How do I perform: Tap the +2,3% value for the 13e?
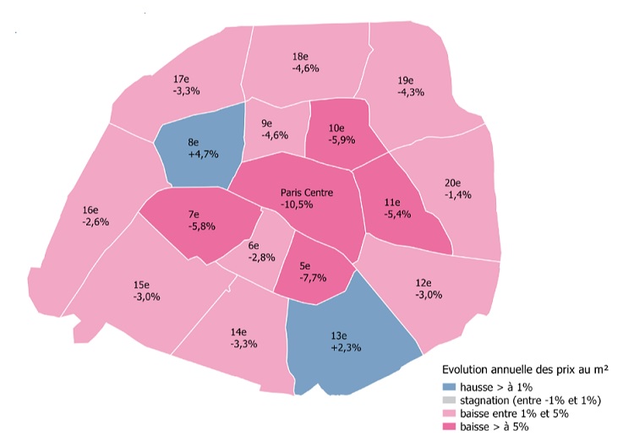click(x=347, y=347)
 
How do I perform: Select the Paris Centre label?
click(x=307, y=193)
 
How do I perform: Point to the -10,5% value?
click(x=308, y=204)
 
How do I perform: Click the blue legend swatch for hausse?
click(x=449, y=386)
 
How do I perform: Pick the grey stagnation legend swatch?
click(x=449, y=400)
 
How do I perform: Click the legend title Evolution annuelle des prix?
click(x=527, y=370)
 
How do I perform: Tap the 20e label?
click(x=453, y=182)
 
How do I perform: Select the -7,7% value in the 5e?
click(x=312, y=277)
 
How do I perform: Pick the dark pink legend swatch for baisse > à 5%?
click(x=449, y=427)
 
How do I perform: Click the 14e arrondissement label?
click(x=238, y=332)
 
